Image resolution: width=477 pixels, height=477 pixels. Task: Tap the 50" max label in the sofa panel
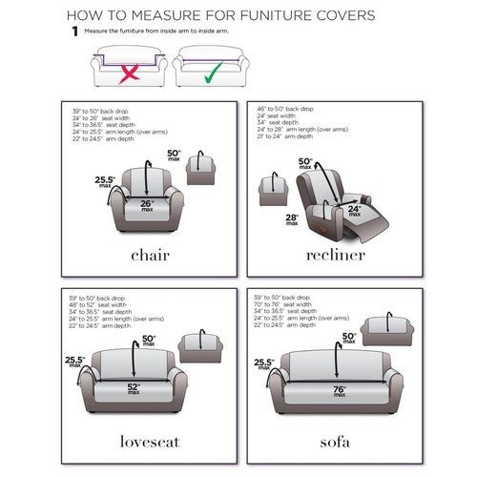349,338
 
